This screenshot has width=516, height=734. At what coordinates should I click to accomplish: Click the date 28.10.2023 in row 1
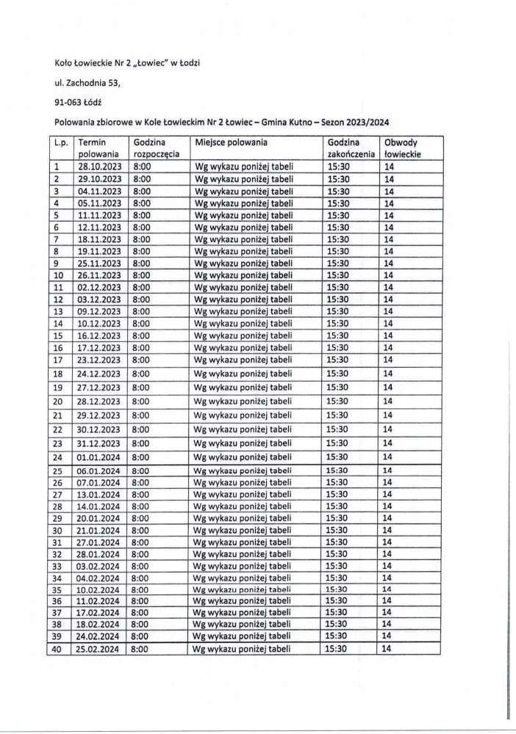tap(98, 167)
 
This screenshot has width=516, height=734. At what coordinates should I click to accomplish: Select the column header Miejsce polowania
tap(229, 142)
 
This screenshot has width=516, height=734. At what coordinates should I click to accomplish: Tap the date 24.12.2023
tap(98, 374)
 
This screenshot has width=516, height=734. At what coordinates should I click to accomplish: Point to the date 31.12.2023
tap(98, 443)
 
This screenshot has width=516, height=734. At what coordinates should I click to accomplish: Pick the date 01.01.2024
tap(98, 457)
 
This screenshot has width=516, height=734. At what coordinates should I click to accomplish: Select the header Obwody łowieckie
tap(401, 148)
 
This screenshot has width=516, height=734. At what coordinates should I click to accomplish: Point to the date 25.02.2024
tap(98, 649)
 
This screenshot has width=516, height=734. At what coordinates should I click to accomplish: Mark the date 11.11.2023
tap(98, 215)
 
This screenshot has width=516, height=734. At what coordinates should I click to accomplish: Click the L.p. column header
tap(61, 142)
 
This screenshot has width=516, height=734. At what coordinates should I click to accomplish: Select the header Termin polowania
tap(98, 148)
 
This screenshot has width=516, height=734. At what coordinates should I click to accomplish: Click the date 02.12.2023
tap(98, 287)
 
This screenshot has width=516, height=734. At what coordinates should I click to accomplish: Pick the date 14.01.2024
tap(98, 506)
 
